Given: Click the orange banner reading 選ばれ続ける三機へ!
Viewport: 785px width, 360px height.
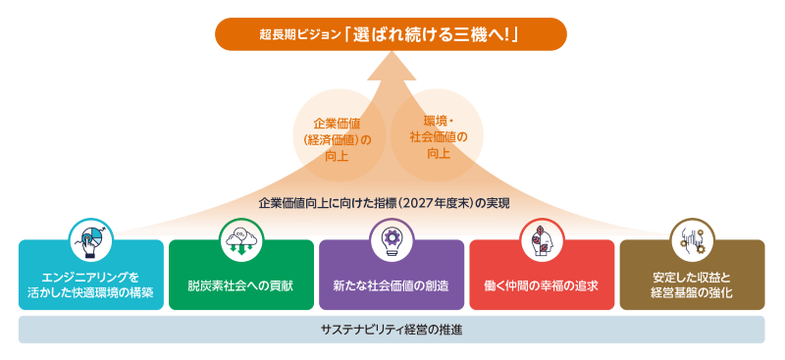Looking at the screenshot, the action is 391,34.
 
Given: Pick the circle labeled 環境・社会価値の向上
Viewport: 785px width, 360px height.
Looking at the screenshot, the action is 437,135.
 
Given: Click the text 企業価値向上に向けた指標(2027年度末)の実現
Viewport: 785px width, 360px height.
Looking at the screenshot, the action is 384,204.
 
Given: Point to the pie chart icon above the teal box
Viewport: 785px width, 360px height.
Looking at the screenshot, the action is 91,241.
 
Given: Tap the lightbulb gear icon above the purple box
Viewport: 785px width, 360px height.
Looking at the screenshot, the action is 392,241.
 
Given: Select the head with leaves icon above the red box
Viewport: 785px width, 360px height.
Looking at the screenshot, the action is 542,241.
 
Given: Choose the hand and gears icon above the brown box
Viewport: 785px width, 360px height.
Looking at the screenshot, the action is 693,241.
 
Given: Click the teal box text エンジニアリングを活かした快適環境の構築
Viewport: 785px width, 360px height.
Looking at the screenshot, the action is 91,284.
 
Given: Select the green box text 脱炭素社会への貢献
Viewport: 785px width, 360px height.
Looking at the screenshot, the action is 241,286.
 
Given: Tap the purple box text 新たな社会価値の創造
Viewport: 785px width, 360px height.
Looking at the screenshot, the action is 392,286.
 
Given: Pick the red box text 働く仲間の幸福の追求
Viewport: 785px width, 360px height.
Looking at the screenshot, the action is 542,286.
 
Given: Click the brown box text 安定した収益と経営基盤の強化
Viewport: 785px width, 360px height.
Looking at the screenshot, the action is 693,284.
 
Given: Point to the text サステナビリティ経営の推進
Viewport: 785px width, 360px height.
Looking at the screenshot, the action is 392,330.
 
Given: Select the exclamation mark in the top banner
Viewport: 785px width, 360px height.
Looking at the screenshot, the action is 511,34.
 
